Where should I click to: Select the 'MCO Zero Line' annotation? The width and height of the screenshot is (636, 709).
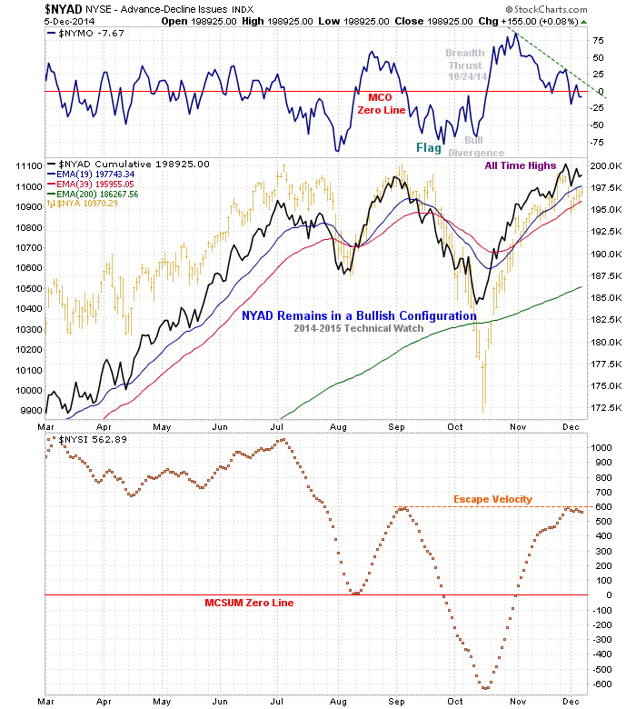pos(379,103)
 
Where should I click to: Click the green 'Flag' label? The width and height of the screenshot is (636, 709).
pos(429,147)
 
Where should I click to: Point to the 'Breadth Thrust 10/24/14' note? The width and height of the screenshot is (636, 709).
pos(465,65)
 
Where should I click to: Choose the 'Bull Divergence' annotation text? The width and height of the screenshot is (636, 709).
pos(474,146)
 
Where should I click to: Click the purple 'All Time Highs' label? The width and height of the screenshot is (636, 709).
pos(519,165)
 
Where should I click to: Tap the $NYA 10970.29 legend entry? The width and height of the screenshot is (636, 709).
pos(92,204)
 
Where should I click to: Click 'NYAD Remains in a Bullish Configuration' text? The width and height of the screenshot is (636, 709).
pos(359,315)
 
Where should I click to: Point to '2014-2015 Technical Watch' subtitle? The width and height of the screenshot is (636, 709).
pos(359,328)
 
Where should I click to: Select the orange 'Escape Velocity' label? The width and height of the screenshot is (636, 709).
pos(492,499)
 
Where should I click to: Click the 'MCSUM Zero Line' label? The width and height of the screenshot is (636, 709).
pos(250,603)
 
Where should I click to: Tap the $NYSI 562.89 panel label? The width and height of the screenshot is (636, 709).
pos(87,440)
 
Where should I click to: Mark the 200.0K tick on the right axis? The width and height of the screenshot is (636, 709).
pos(604,166)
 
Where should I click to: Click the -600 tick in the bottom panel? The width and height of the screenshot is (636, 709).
pos(601,684)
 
